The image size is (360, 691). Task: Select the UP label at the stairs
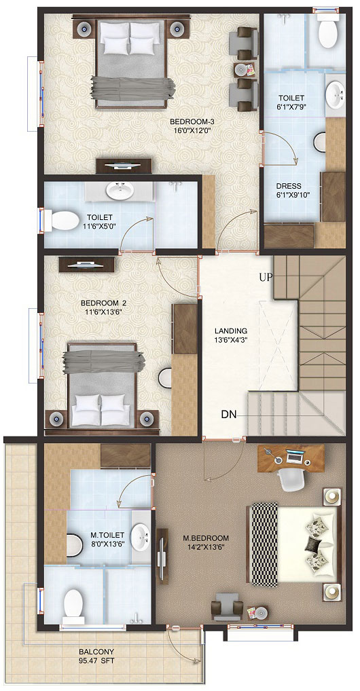pos(266,277)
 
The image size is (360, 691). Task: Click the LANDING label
pos(231,331)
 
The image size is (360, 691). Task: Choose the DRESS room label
pos(289,186)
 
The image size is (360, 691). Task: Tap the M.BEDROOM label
pos(206,538)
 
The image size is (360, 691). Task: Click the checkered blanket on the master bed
pos(264,544)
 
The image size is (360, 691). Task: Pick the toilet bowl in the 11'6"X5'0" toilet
pos(65,221)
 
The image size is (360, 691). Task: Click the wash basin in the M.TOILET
pos(141,537)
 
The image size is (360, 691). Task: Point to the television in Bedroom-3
pos(124,166)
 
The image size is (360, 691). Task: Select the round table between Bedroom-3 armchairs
pos(241,69)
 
